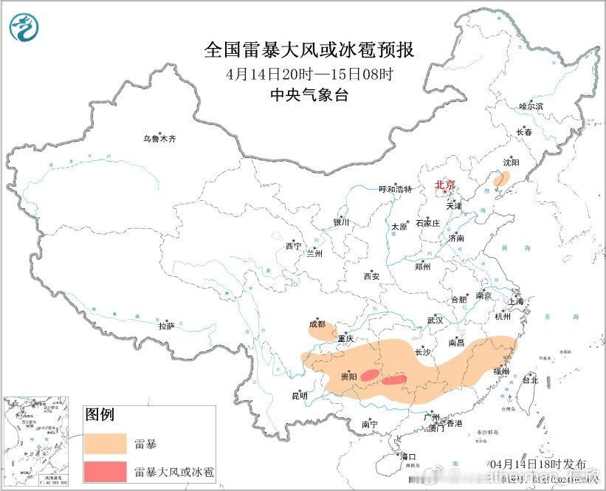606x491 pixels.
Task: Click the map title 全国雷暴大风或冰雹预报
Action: click(309, 50)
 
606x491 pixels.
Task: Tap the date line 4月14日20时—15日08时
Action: click(309, 74)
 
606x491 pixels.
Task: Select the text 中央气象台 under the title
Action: click(309, 95)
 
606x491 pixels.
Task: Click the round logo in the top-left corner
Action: click(24, 27)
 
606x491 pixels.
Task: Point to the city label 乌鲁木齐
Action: click(160, 138)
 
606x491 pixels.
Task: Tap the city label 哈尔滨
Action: click(530, 106)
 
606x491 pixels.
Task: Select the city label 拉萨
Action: click(166, 325)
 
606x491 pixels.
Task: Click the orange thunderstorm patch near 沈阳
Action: click(502, 179)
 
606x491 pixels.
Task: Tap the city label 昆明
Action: click(299, 396)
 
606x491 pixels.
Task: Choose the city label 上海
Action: click(514, 301)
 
